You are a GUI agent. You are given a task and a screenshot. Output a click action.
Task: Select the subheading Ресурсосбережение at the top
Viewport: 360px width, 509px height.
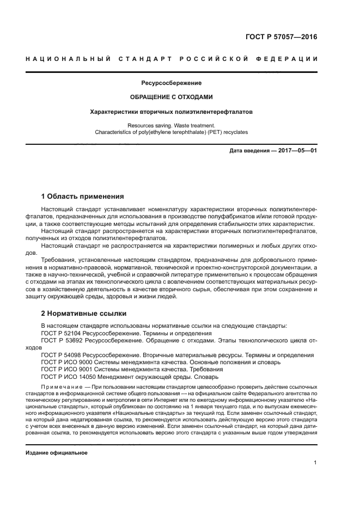(172, 83)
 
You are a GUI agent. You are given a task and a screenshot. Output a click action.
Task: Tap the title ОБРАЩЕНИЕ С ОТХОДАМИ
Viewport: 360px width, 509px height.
(172, 97)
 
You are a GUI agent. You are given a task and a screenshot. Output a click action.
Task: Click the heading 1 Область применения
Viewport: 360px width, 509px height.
(83, 196)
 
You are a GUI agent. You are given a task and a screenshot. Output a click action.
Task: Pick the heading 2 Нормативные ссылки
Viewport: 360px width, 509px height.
(84, 314)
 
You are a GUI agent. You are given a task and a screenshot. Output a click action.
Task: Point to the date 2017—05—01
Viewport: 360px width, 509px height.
(294, 151)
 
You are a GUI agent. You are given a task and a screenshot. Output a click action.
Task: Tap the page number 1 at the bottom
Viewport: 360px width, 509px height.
(315, 463)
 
